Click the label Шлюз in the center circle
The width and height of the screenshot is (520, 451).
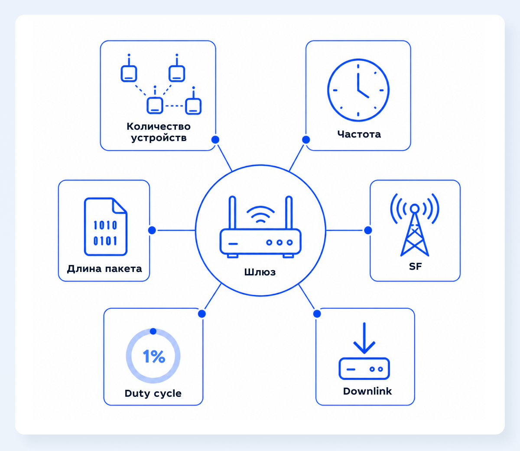[x=260, y=272]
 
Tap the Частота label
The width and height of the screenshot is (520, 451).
[x=359, y=134]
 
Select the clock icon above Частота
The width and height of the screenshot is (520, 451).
[x=358, y=90]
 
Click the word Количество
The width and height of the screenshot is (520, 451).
[x=159, y=127]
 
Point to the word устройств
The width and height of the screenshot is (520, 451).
[x=159, y=138]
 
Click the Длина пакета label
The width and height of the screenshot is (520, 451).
[x=104, y=269]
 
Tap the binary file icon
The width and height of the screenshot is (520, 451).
[x=106, y=227]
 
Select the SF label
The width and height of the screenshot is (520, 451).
[x=415, y=266]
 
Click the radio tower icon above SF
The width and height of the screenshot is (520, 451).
[x=415, y=225]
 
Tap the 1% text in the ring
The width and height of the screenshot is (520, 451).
[x=154, y=356]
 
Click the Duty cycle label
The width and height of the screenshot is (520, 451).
[x=153, y=394]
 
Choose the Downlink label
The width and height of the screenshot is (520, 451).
[x=367, y=391]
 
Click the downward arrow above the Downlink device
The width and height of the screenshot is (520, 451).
[x=364, y=338]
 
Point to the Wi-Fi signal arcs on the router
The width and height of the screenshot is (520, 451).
[x=260, y=214]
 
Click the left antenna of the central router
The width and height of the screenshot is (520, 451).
[x=232, y=212]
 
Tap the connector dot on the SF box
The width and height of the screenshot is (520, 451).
[x=368, y=230]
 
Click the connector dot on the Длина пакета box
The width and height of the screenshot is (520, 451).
[x=152, y=230]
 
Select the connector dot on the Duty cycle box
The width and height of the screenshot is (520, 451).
[x=202, y=314]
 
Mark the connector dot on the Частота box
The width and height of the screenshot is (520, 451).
[x=306, y=140]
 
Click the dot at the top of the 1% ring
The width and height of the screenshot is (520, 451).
[x=153, y=331]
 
